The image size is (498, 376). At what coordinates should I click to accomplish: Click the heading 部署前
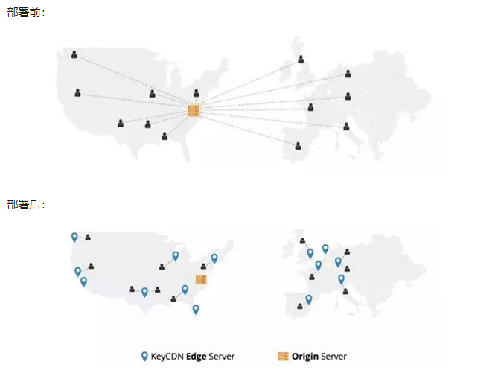click(x=24, y=13)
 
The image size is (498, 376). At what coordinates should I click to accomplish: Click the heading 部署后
click(x=24, y=205)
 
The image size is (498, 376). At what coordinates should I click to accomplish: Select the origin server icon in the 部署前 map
click(x=194, y=110)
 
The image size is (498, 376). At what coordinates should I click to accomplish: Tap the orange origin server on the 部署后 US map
click(x=201, y=279)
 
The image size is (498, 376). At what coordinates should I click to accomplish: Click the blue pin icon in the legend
click(x=144, y=357)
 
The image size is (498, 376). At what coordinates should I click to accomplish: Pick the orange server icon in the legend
click(x=283, y=357)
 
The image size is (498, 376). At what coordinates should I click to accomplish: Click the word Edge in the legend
click(x=196, y=357)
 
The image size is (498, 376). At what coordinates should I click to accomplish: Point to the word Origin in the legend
click(x=305, y=357)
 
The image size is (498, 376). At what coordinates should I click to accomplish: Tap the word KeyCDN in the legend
click(x=167, y=357)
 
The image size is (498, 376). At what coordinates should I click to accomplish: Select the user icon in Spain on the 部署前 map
click(x=298, y=146)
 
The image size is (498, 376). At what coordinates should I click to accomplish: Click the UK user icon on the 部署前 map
click(x=301, y=59)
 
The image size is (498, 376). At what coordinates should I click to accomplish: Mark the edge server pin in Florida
click(x=196, y=309)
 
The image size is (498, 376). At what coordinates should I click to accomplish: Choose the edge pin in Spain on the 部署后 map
click(x=309, y=299)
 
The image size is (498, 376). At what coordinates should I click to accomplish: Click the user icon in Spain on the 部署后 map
click(x=300, y=306)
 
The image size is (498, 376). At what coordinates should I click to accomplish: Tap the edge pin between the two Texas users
click(x=144, y=292)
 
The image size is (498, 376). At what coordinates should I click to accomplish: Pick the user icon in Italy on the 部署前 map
click(x=346, y=127)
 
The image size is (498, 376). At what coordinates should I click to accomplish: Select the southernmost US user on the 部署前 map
click(x=165, y=136)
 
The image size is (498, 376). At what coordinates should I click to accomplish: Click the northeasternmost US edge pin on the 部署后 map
click(x=214, y=258)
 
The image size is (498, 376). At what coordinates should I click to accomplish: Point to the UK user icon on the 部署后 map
click(x=303, y=240)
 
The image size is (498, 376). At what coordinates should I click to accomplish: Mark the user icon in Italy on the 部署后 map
click(x=345, y=291)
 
